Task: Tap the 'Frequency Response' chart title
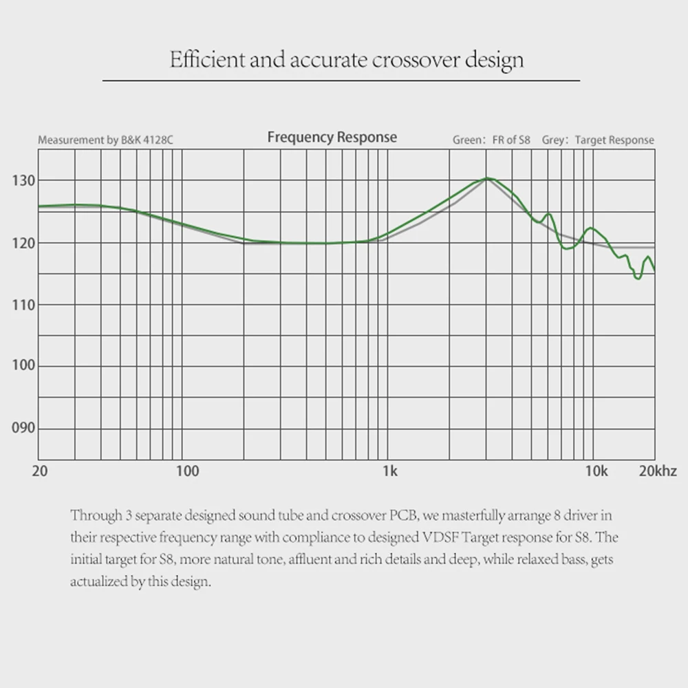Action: [332, 137]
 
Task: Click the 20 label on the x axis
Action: [40, 471]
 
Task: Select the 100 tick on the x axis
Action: [187, 471]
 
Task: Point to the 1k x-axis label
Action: [389, 471]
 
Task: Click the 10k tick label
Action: [596, 471]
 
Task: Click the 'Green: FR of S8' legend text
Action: [491, 140]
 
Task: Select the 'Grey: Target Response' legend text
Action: [598, 140]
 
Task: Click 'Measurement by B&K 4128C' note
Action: [105, 140]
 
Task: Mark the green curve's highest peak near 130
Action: [487, 178]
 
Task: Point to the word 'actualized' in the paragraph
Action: [97, 581]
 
